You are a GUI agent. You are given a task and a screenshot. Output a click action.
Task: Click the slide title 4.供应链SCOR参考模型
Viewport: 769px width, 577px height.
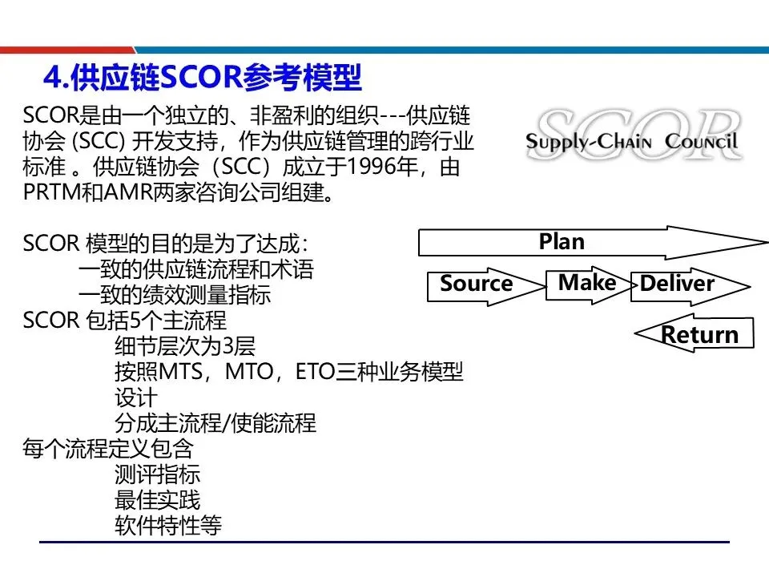(203, 79)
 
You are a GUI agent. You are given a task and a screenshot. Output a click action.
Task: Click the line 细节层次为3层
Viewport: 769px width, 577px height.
(185, 347)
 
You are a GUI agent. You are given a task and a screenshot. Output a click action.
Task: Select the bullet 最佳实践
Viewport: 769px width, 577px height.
(157, 500)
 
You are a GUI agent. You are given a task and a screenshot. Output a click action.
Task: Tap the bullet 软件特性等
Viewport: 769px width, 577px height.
(167, 526)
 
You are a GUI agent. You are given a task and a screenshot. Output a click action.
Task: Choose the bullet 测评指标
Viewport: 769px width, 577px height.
(157, 474)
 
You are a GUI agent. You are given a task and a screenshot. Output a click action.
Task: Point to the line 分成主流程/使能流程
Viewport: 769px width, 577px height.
(215, 423)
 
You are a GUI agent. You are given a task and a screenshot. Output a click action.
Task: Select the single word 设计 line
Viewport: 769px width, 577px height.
(136, 397)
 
